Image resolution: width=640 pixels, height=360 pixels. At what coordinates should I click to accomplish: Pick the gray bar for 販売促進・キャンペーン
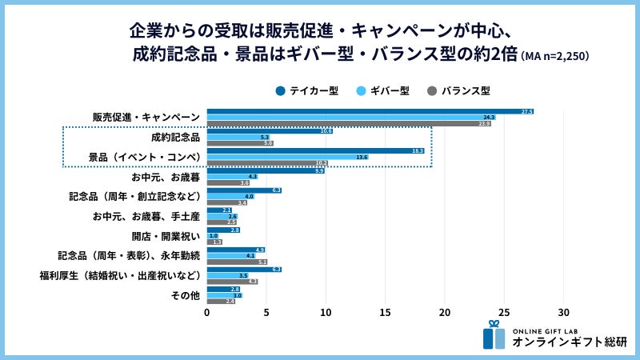point(349,124)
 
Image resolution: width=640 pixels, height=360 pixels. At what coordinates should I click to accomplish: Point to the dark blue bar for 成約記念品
point(270,130)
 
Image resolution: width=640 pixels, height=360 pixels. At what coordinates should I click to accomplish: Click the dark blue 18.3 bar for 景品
point(316,150)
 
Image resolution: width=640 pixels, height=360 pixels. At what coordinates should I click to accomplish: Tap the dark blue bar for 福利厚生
point(244,269)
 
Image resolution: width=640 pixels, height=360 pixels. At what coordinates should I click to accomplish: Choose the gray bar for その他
point(221,302)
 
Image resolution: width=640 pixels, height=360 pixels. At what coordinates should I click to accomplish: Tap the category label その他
point(185,295)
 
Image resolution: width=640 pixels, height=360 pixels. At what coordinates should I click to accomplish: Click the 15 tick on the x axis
point(386,312)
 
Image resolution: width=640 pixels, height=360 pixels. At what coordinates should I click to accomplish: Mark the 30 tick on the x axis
point(564,312)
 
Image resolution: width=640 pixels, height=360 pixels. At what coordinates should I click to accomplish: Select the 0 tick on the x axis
point(207,312)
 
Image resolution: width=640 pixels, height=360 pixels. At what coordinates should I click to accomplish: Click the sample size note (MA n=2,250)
point(556,56)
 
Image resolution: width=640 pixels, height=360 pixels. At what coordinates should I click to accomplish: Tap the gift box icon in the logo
point(494,335)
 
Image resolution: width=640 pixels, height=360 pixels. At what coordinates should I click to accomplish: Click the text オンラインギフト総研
point(570,342)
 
